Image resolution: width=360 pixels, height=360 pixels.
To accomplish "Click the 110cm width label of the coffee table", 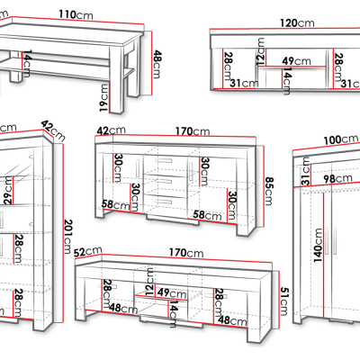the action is [76, 14].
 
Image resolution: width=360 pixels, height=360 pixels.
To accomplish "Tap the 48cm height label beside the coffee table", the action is [157, 64].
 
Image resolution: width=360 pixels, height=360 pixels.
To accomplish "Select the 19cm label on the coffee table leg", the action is [104, 98].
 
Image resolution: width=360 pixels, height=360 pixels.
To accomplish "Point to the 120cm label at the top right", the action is [297, 22].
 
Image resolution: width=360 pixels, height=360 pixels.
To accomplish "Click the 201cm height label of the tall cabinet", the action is [68, 237].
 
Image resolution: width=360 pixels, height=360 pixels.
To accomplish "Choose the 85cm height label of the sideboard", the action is [269, 191].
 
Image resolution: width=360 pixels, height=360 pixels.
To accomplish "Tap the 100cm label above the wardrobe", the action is [341, 139].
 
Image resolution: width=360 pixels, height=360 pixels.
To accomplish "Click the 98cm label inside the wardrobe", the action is [337, 178].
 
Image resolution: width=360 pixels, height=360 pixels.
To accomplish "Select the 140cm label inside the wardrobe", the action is [318, 245].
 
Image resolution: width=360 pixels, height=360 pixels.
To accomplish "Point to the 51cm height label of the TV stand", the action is [283, 301].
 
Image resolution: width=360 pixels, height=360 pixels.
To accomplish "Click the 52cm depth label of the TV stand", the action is [88, 251].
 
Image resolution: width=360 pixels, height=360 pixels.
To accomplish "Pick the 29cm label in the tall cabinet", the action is [8, 190].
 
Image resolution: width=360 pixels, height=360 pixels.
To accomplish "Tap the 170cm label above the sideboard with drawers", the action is [193, 131].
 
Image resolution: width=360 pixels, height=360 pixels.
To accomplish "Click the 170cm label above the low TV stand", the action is [186, 253].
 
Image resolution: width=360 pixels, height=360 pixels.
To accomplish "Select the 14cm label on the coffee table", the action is [26, 64].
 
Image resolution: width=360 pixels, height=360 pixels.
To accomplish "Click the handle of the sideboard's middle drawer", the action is [164, 181].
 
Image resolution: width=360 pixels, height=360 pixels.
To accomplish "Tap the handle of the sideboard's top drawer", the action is [164, 160].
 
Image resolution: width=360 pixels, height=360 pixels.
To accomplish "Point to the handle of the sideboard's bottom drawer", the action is [164, 202].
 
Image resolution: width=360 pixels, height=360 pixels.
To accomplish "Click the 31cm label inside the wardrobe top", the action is [305, 172].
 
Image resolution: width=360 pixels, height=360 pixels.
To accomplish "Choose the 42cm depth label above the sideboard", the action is [112, 130].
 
